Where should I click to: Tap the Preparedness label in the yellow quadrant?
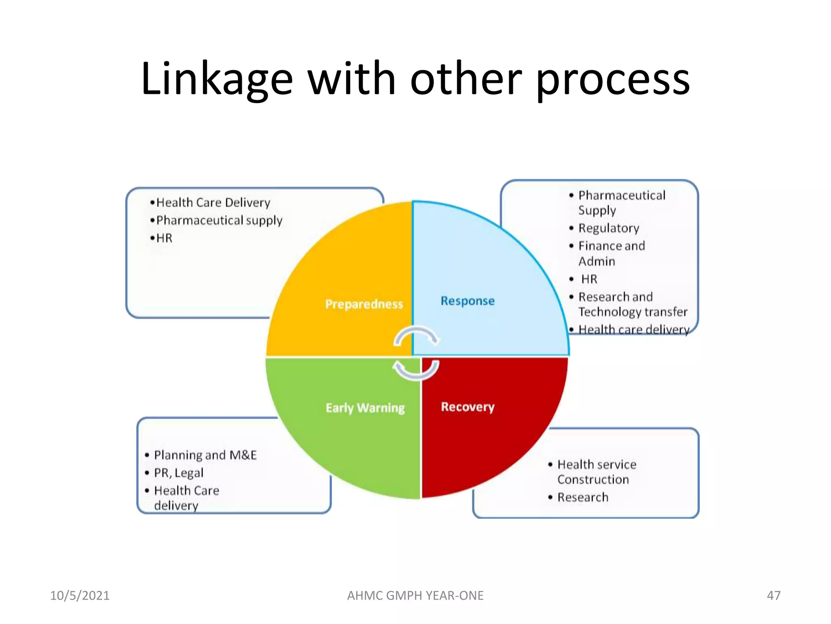[x=364, y=304]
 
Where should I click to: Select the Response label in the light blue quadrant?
[x=467, y=301]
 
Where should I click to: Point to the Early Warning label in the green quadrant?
[x=365, y=407]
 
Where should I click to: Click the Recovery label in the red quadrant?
[x=467, y=407]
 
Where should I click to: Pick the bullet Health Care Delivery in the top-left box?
[x=213, y=202]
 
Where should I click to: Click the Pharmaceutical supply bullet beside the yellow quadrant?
[x=219, y=220]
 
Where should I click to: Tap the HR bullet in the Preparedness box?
[x=164, y=238]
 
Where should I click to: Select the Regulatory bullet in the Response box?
[x=609, y=228]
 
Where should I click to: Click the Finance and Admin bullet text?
[x=611, y=253]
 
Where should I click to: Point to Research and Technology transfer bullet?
[x=632, y=304]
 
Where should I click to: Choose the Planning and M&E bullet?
[x=205, y=455]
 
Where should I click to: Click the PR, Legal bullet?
[x=179, y=473]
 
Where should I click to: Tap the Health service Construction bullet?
[x=596, y=472]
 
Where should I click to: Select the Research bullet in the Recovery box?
[x=583, y=497]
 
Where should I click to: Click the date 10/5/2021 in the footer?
[x=80, y=596]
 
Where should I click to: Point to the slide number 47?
[x=773, y=596]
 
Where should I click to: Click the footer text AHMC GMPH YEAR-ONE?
[x=415, y=596]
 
